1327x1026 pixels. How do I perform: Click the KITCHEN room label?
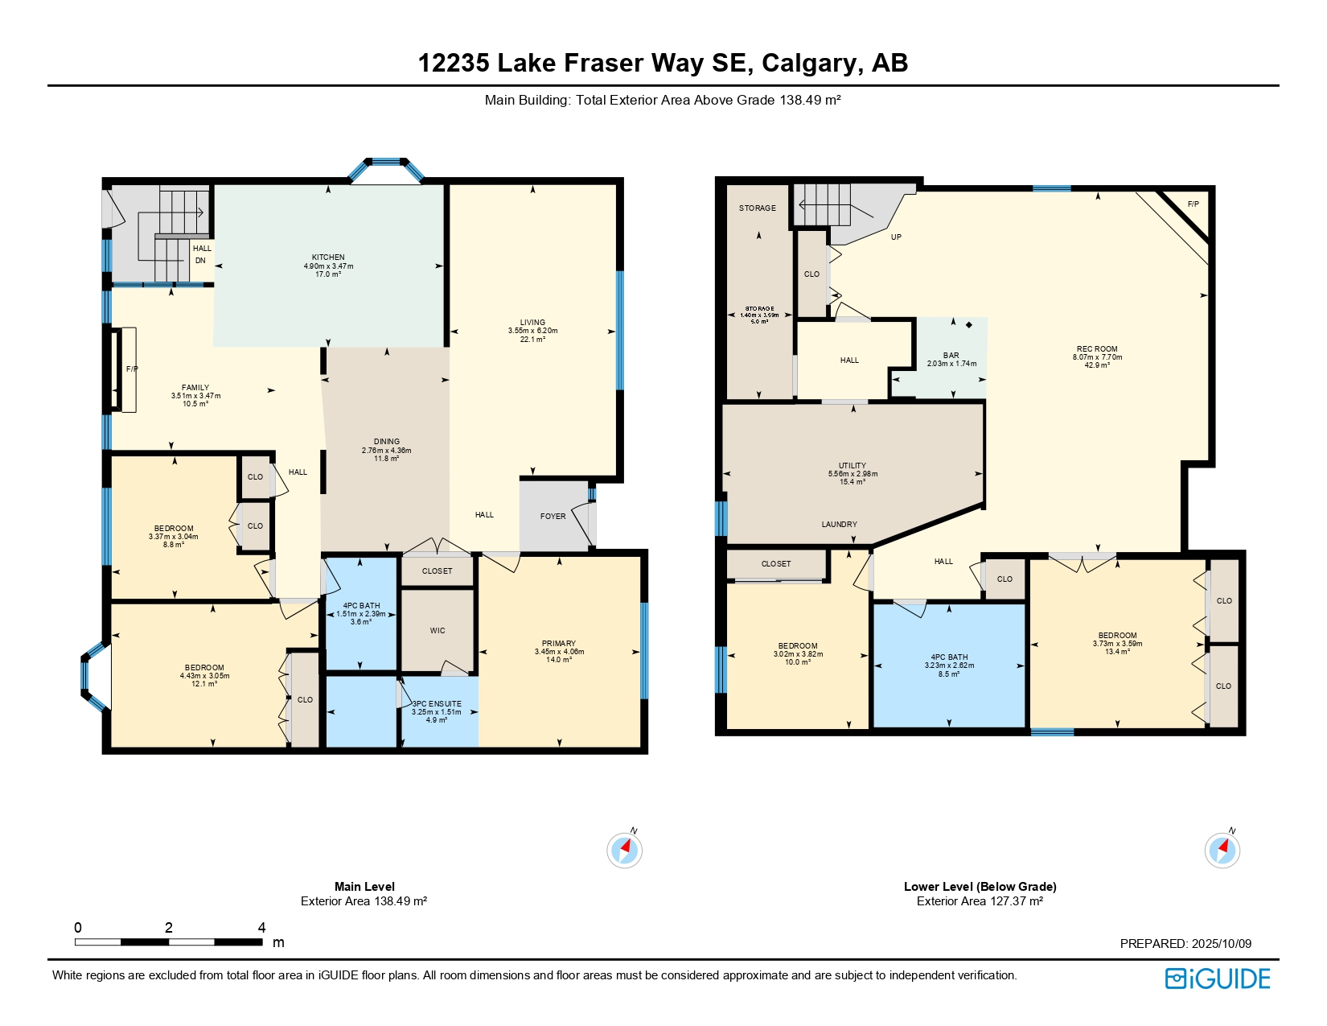pyautogui.click(x=329, y=258)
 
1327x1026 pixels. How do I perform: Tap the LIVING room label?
pyautogui.click(x=532, y=322)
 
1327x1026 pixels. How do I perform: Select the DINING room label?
pyautogui.click(x=387, y=441)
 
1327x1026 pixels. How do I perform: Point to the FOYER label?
pyautogui.click(x=553, y=517)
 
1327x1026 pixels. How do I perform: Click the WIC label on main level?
pyautogui.click(x=438, y=631)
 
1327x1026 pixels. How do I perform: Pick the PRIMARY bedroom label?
pyautogui.click(x=559, y=643)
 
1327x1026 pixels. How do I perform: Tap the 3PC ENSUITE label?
pyautogui.click(x=438, y=704)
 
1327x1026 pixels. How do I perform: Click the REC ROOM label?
pyautogui.click(x=1097, y=349)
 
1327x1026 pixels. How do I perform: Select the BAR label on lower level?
pyautogui.click(x=951, y=355)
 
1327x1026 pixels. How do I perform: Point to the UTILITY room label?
pyautogui.click(x=852, y=466)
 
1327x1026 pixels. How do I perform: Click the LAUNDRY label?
pyautogui.click(x=839, y=525)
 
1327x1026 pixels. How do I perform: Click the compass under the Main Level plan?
pyautogui.click(x=624, y=850)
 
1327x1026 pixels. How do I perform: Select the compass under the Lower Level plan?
pyautogui.click(x=1222, y=850)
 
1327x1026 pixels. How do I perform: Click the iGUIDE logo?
pyautogui.click(x=1218, y=979)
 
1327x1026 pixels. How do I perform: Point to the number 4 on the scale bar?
pyautogui.click(x=262, y=928)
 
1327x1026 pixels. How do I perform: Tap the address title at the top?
pyautogui.click(x=663, y=63)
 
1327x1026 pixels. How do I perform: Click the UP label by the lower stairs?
pyautogui.click(x=896, y=237)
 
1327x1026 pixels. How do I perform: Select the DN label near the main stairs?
pyautogui.click(x=200, y=260)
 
